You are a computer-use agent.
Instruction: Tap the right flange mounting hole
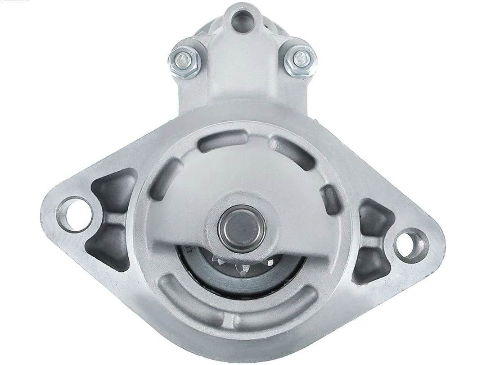pos(410,244)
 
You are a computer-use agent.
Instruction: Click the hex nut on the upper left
pos(184,58)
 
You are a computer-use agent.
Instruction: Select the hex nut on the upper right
pos(299,58)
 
